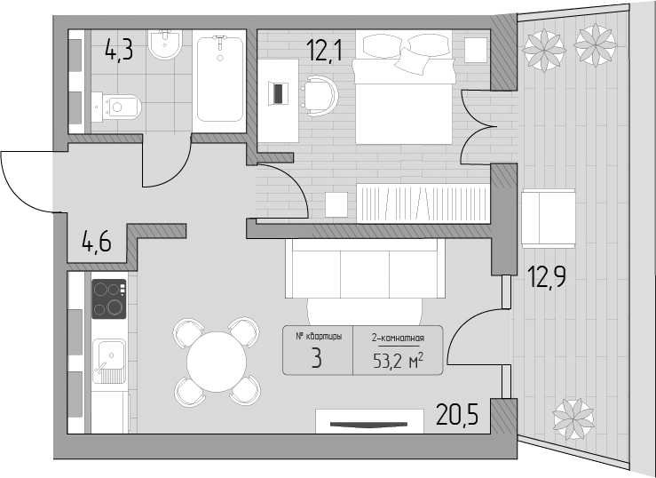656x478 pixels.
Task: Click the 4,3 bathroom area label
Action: coord(119,50)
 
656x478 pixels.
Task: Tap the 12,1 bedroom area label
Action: coord(324,50)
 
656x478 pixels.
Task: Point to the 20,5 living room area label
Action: coord(457,414)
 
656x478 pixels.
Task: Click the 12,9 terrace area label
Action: coord(547,276)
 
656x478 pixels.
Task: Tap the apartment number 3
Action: coord(317,358)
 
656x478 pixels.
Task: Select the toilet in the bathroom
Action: coord(116,108)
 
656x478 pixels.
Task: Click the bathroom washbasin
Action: coord(165,44)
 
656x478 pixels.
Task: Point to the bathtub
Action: coord(219,80)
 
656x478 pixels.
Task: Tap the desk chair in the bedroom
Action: coord(320,96)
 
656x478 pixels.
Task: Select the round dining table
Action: coord(217,362)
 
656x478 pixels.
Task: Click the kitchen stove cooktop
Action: coord(109,299)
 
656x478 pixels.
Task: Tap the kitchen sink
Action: coord(109,362)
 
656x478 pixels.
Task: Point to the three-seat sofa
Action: coord(365,268)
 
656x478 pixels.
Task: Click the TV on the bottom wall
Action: coord(368,425)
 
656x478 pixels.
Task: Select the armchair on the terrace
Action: coord(549,219)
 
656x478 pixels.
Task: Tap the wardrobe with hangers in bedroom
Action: coord(423,203)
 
